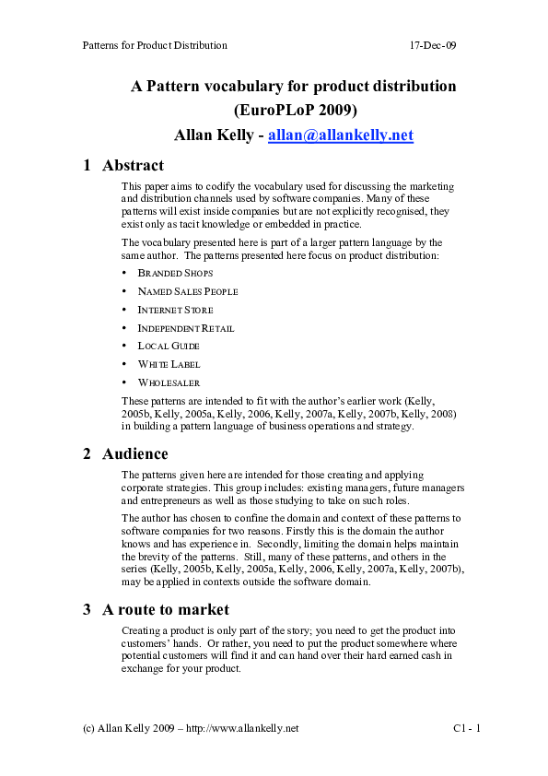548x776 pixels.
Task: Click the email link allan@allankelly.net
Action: pos(340,135)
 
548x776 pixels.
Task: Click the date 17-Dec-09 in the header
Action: pos(433,44)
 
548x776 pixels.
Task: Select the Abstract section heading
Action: pos(133,166)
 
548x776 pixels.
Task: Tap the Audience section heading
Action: pos(134,453)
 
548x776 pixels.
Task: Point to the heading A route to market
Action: pos(166,609)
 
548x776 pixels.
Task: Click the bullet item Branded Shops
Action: pos(175,274)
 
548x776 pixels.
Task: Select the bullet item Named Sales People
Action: pos(187,291)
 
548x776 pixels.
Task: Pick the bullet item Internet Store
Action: pos(175,310)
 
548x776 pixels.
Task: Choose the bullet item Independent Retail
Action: pos(185,328)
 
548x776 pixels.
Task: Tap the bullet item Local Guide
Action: pos(169,347)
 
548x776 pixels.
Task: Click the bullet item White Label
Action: pos(169,364)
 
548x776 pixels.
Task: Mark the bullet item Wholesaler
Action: pos(169,382)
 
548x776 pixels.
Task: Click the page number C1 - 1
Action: pos(468,728)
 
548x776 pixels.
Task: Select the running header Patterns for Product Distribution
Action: pos(154,44)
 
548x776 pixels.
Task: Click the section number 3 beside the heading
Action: pos(87,609)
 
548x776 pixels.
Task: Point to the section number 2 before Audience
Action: pos(87,453)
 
